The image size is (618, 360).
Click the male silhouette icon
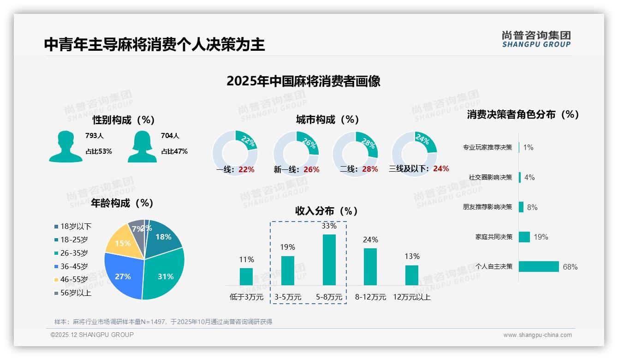(65, 146)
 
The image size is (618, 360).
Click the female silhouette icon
(142, 146)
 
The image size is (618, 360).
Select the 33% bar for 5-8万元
(329, 259)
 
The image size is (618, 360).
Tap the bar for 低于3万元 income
(246, 276)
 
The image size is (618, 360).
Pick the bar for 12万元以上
(412, 275)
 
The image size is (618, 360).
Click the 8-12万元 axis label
(370, 297)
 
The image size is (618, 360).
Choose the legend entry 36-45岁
(73, 266)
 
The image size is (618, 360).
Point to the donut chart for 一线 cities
(235, 153)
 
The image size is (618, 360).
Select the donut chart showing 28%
(355, 153)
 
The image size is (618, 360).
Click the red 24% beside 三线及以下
(441, 169)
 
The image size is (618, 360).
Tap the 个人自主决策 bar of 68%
(539, 267)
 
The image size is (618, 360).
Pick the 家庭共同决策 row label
(493, 237)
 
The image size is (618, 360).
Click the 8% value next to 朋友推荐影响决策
(532, 207)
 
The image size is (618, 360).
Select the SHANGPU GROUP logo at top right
(536, 39)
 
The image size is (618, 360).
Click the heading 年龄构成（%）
(122, 203)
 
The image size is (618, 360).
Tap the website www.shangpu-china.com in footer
(537, 335)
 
